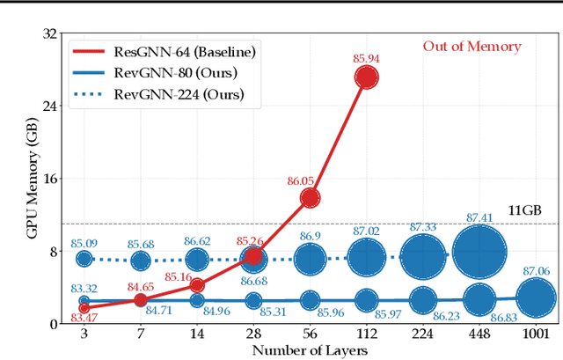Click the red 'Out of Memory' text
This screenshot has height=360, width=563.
tap(472, 47)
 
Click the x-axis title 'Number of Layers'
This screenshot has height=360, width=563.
tap(309, 350)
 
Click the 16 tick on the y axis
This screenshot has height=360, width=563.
tap(48, 179)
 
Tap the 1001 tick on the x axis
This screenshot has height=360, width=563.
tap(536, 334)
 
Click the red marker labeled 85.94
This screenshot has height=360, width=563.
tap(367, 78)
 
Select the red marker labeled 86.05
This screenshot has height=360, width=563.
tap(311, 198)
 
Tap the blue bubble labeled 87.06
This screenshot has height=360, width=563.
tap(536, 298)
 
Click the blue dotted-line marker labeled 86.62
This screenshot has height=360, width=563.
tap(197, 260)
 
